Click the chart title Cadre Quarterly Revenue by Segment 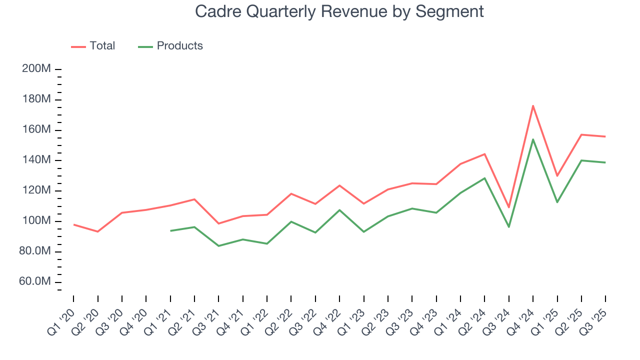[x=339, y=11]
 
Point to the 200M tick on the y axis [x=36, y=69]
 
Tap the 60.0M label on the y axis [x=35, y=282]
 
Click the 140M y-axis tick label [x=36, y=160]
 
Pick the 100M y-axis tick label [x=36, y=221]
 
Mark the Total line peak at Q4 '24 [x=533, y=105]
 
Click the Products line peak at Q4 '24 [x=533, y=139]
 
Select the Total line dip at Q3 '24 [x=509, y=207]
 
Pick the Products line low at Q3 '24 [x=509, y=227]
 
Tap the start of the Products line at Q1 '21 [x=170, y=230]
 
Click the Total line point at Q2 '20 [x=97, y=231]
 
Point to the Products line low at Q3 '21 [x=218, y=246]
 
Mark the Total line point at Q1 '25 [x=557, y=176]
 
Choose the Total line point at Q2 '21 [x=194, y=199]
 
